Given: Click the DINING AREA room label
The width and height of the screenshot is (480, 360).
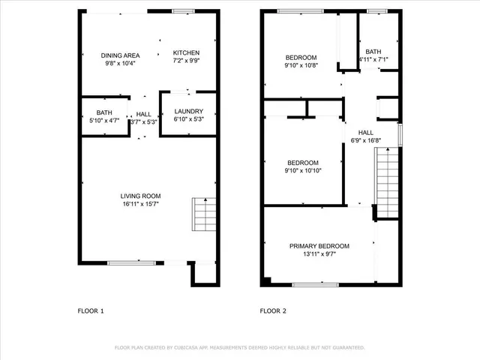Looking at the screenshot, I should click(x=121, y=55).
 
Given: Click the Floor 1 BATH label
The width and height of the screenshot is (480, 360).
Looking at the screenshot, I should click(x=103, y=113).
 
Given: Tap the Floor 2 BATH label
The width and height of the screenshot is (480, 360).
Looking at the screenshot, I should click(x=373, y=52).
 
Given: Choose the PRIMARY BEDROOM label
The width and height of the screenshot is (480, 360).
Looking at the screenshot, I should click(x=319, y=246).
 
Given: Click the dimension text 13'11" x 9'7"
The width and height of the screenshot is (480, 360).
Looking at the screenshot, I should click(x=319, y=253).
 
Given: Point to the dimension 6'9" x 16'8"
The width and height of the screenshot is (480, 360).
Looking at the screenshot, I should click(x=366, y=139).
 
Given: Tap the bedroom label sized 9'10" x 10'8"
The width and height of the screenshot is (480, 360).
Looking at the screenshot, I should click(x=300, y=58).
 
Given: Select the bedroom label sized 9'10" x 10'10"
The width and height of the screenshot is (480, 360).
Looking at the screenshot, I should click(x=303, y=163).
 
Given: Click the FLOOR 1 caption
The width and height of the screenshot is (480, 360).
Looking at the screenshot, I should click(x=91, y=310).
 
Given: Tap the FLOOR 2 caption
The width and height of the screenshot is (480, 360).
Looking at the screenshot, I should click(x=273, y=310).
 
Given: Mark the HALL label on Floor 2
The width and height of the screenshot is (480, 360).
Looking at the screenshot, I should click(x=366, y=133).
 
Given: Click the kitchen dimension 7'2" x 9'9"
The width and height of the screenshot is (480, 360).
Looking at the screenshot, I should click(x=186, y=61).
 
